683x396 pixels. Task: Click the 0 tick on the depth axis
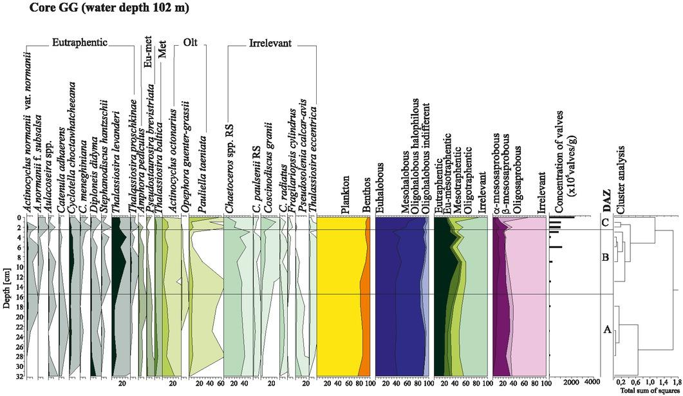(21, 218)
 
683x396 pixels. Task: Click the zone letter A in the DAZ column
(606, 330)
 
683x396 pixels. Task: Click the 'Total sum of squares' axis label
(648, 391)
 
